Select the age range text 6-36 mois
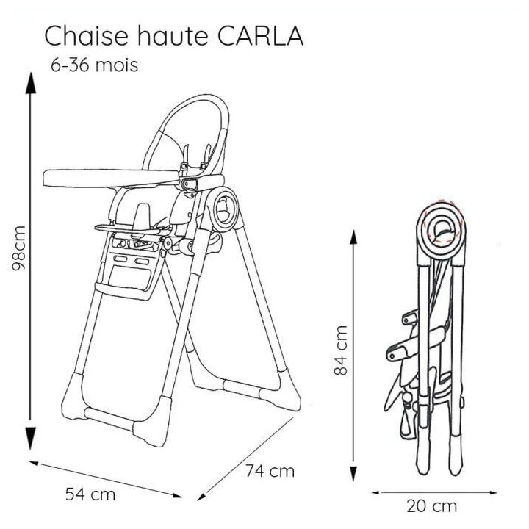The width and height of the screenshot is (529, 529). tap(93, 64)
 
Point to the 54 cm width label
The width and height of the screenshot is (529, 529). tap(90, 494)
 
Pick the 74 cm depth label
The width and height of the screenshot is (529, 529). tap(270, 471)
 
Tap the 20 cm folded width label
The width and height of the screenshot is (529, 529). tap(431, 506)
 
